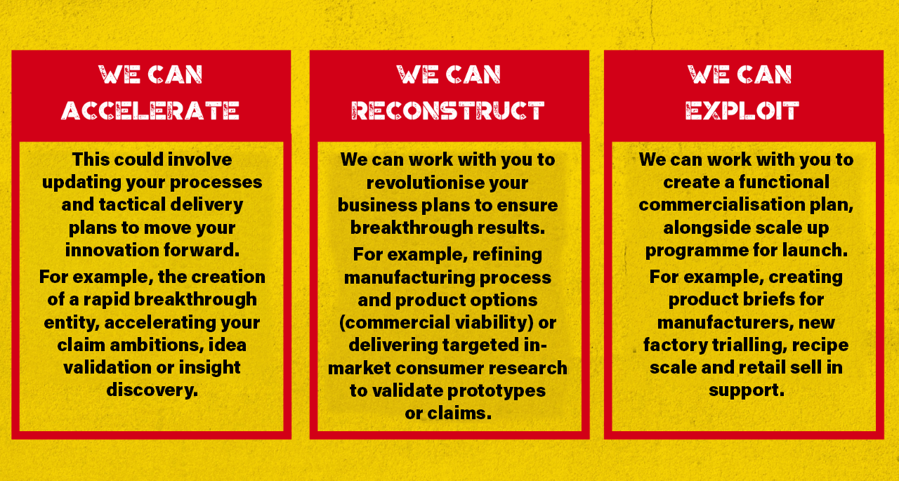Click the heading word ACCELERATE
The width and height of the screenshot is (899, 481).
coord(150,110)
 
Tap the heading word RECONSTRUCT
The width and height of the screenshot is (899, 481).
coord(448,110)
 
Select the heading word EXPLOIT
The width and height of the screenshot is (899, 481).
coord(742,110)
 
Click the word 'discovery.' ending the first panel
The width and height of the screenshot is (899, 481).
coord(152,390)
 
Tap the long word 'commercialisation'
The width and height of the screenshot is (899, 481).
coord(721,204)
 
